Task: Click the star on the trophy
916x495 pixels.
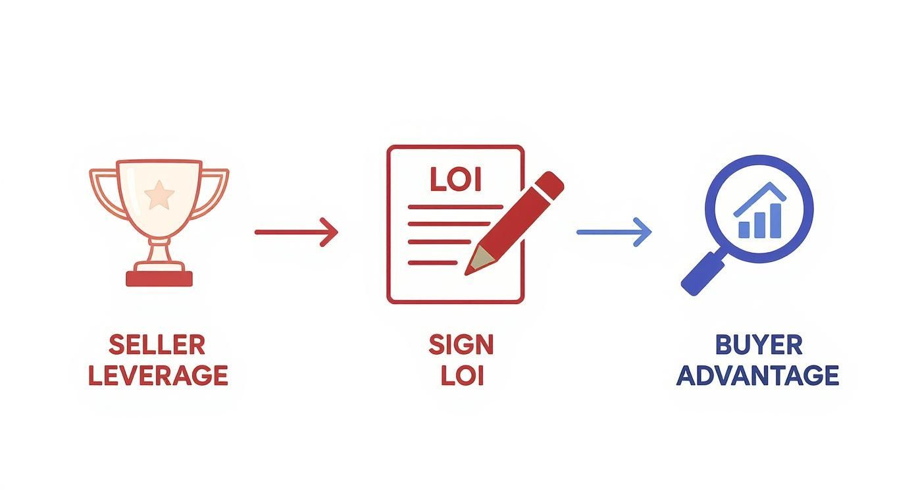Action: point(159,195)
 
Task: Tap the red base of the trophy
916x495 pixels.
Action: point(159,278)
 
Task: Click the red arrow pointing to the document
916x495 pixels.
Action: point(297,232)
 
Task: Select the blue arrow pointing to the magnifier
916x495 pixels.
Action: point(614,232)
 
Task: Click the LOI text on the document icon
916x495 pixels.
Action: point(456,179)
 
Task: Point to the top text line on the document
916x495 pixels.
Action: point(455,207)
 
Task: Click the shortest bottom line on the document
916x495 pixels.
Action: point(432,263)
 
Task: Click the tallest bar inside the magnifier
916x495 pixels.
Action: point(775,221)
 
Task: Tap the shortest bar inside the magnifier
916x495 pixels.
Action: point(744,230)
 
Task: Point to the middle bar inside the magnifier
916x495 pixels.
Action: point(760,225)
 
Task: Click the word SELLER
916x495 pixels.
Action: point(157,345)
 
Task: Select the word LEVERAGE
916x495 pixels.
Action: point(158,375)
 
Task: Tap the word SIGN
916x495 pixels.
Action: point(461,345)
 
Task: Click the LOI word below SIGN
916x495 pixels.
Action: point(463,375)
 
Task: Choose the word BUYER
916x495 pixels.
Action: point(759,345)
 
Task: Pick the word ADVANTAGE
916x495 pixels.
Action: point(758,375)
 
